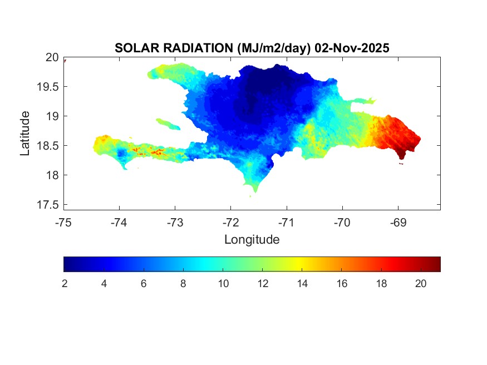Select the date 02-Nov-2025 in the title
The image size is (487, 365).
pyautogui.click(x=352, y=48)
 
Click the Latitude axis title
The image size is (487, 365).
pyautogui.click(x=25, y=133)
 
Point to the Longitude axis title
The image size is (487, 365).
pyautogui.click(x=252, y=240)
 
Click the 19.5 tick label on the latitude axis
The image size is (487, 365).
pyautogui.click(x=49, y=87)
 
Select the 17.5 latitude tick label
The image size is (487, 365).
pyautogui.click(x=49, y=205)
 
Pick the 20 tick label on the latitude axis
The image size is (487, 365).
pyautogui.click(x=52, y=57)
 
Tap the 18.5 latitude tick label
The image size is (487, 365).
pyautogui.click(x=49, y=146)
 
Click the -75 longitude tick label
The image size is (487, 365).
pyautogui.click(x=64, y=223)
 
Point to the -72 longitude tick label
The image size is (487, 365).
pyautogui.click(x=231, y=223)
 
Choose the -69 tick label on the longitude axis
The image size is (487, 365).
pyautogui.click(x=398, y=223)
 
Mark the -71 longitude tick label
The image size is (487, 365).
pyautogui.click(x=287, y=223)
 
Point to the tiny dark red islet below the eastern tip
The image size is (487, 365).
pyautogui.click(x=401, y=163)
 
